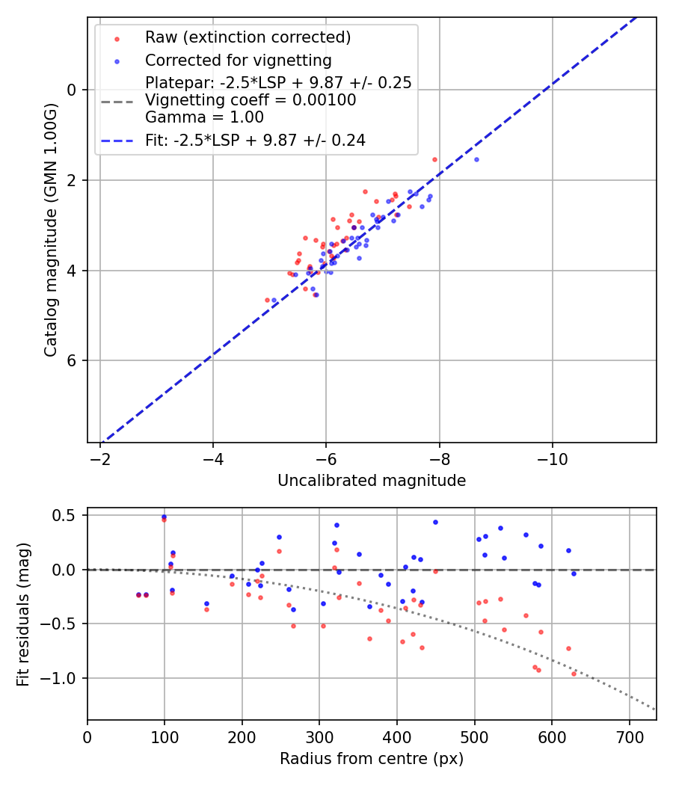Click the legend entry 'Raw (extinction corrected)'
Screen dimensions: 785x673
coord(248,37)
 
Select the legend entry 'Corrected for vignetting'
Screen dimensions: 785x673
coord(238,60)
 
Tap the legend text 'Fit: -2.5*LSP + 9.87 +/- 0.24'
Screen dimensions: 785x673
coord(255,140)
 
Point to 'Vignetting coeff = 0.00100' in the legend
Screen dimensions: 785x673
coord(251,100)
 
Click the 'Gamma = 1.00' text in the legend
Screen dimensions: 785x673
coord(204,117)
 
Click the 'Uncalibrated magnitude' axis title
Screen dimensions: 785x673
coord(372,481)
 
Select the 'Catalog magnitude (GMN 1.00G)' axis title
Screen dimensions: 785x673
coord(50,230)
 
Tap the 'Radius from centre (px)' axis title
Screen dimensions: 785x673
coord(372,759)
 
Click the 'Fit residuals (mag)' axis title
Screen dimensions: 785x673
coord(23,614)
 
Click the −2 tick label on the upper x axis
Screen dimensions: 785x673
coord(100,455)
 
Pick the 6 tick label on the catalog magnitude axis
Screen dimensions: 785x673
coord(73,361)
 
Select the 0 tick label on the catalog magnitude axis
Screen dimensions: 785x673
coord(73,90)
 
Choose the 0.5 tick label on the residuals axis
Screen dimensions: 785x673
coord(66,515)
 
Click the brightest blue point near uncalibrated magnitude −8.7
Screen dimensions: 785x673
coord(476,159)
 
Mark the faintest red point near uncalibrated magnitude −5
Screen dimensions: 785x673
coord(267,300)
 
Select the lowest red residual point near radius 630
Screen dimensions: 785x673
coord(574,674)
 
